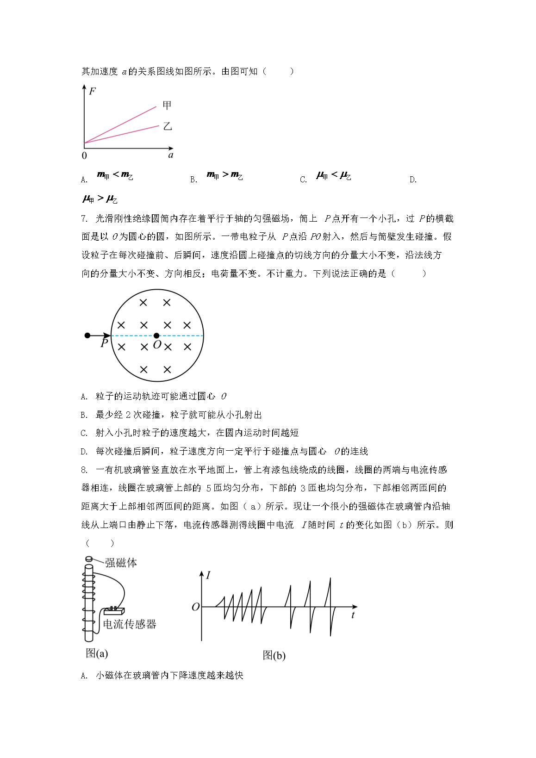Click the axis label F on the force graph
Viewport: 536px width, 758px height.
92,91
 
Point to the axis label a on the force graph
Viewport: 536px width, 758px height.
171,155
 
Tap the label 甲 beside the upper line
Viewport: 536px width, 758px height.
167,106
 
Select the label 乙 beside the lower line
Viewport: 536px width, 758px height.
168,126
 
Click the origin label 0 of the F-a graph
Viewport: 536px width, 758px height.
84,156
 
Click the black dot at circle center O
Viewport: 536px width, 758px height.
156,336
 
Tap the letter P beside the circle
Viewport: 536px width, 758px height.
104,343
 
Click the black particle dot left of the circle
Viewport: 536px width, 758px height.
87,335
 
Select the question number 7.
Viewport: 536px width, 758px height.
84,218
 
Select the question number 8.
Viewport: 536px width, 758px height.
84,470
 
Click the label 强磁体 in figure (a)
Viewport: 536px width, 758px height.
121,563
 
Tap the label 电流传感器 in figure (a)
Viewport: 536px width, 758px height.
130,624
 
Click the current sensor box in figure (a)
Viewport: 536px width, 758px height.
114,611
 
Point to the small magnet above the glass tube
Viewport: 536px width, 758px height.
89,559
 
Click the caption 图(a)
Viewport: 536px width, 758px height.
97,653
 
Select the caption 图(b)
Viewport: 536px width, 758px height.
274,655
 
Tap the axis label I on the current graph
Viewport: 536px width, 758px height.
208,575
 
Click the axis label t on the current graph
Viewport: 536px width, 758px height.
353,615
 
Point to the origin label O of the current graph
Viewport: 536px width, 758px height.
196,607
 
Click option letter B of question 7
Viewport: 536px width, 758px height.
84,415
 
